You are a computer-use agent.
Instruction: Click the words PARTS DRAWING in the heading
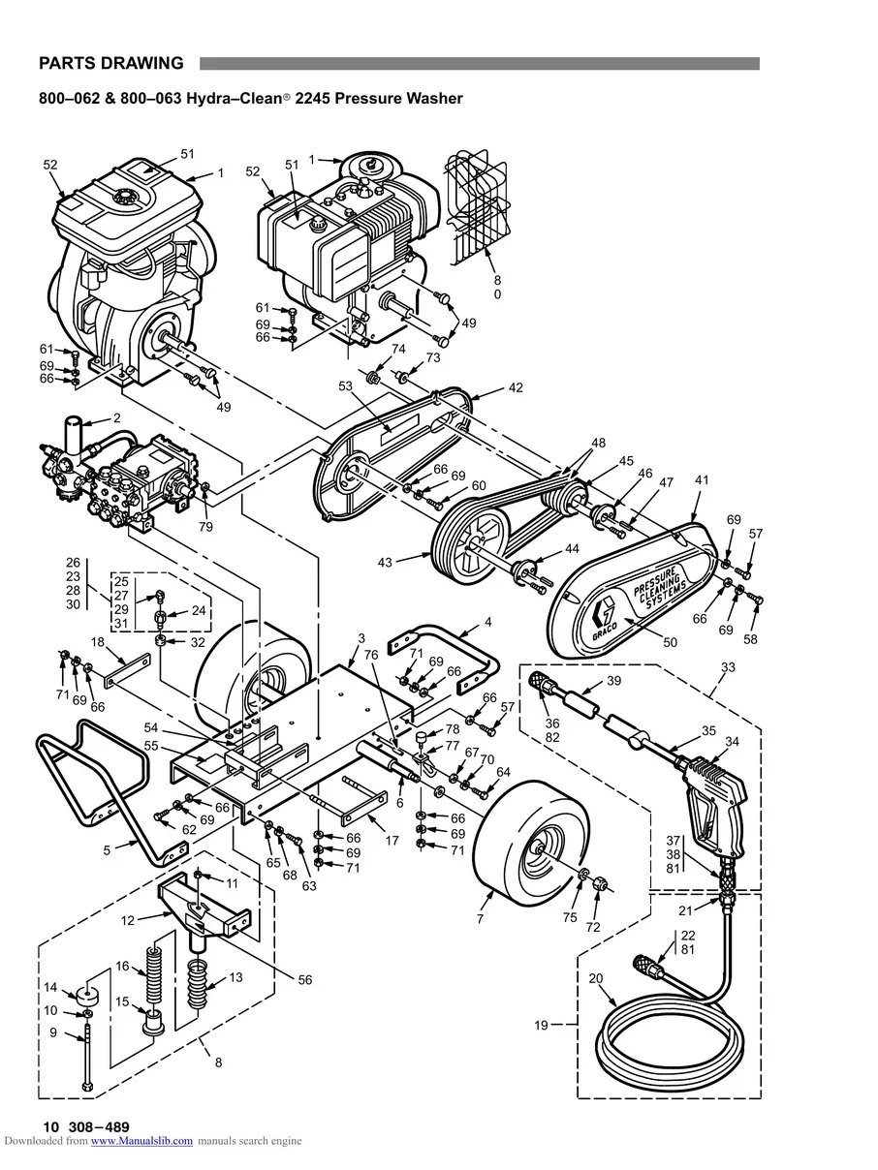point(110,64)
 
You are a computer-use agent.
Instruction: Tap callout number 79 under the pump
point(205,527)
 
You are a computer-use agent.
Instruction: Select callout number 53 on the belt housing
point(345,386)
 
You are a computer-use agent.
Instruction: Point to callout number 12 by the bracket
point(128,921)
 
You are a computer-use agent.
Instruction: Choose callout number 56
point(305,980)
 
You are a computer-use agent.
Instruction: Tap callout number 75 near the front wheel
point(570,918)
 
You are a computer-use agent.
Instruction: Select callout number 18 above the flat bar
point(98,641)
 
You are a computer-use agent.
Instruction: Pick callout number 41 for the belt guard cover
point(702,479)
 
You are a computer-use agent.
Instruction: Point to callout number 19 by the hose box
point(541,1025)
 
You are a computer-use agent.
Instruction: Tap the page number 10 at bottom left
point(49,1126)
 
